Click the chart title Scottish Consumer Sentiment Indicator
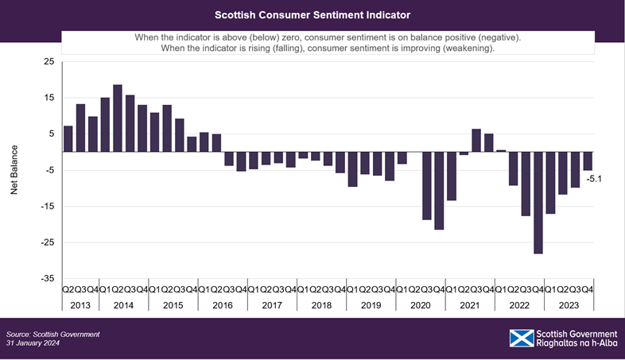[312, 15]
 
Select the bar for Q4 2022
[538, 202]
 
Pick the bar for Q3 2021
[476, 140]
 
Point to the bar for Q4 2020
[439, 190]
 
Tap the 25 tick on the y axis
[49, 62]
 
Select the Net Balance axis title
[14, 170]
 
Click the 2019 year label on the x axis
[370, 305]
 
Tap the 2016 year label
[222, 305]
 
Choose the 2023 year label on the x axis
[569, 305]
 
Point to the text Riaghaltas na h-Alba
[578, 345]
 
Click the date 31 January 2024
[33, 343]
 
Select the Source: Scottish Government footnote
[52, 334]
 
